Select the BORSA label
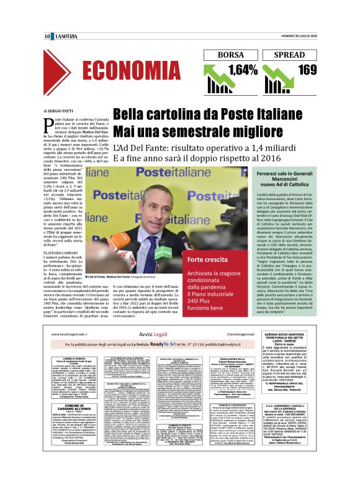[231, 55]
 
